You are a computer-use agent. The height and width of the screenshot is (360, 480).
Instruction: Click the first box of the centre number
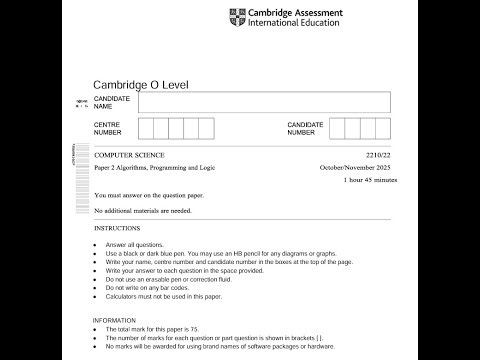pyautogui.click(x=146, y=128)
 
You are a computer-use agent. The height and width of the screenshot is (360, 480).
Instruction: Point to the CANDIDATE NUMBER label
pyautogui.click(x=305, y=128)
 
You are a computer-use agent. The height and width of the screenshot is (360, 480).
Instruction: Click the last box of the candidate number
pyautogui.click(x=380, y=128)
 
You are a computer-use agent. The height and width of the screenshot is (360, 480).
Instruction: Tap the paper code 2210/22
pyautogui.click(x=372, y=157)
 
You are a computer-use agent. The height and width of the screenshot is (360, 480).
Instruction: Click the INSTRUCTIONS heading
pyautogui.click(x=117, y=229)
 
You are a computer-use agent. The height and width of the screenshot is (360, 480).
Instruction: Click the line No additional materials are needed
pyautogui.click(x=143, y=211)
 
